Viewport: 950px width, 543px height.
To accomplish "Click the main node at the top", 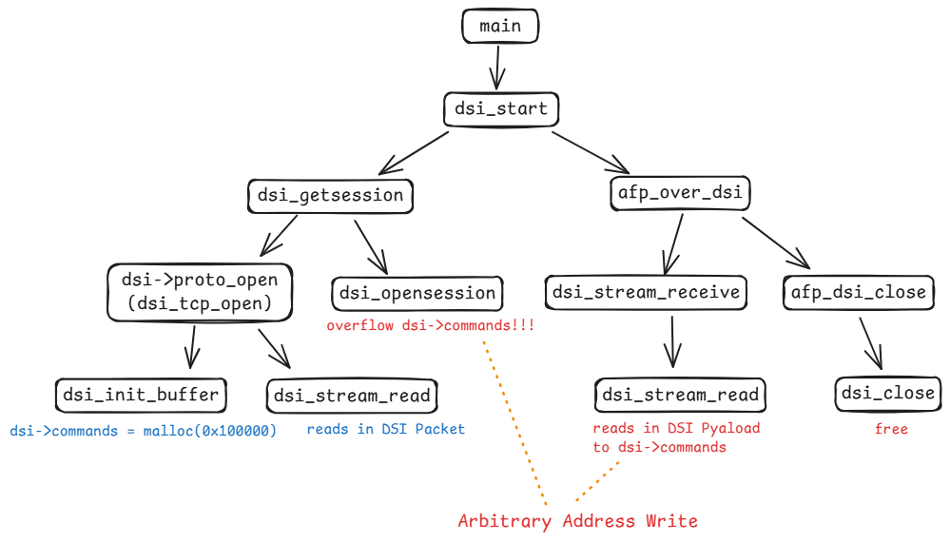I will pyautogui.click(x=500, y=26).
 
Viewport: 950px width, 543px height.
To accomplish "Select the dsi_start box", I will pyautogui.click(x=501, y=108).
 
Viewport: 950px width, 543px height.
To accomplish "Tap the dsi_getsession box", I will pyautogui.click(x=330, y=196).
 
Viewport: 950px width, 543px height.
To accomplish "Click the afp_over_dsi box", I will pyautogui.click(x=679, y=193).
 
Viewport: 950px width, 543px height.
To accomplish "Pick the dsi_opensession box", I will pyautogui.click(x=417, y=292).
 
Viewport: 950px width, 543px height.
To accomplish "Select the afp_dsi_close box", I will pyautogui.click(x=858, y=292).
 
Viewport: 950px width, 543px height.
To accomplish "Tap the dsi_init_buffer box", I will pyautogui.click(x=141, y=394).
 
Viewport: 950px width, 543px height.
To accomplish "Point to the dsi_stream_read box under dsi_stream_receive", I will pyautogui.click(x=680, y=395).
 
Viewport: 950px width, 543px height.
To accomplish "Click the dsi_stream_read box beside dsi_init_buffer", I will pyautogui.click(x=352, y=395).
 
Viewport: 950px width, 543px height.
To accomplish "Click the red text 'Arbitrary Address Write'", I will pyautogui.click(x=577, y=520).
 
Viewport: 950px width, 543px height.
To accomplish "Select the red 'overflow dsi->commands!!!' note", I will pyautogui.click(x=430, y=325).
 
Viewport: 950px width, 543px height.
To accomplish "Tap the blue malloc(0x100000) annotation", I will pyautogui.click(x=143, y=430).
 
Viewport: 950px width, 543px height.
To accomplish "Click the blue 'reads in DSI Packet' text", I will pyautogui.click(x=385, y=429).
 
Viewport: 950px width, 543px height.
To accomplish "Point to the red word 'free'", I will pyautogui.click(x=891, y=429).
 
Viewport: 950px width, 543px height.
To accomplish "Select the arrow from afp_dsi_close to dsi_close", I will pyautogui.click(x=872, y=342).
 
